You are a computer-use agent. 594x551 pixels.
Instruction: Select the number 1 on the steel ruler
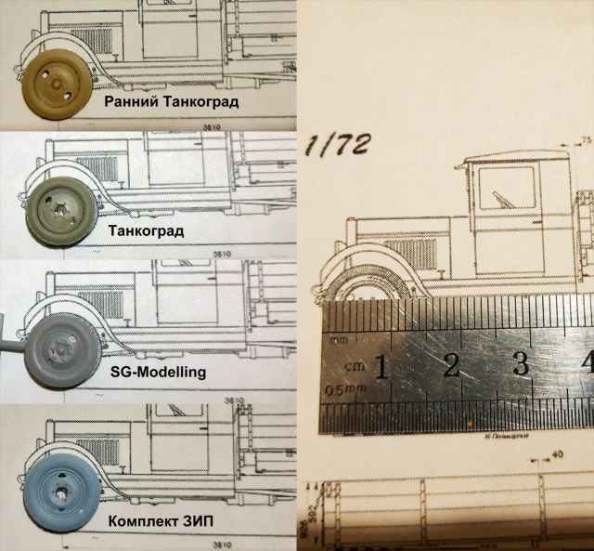point(381,367)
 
